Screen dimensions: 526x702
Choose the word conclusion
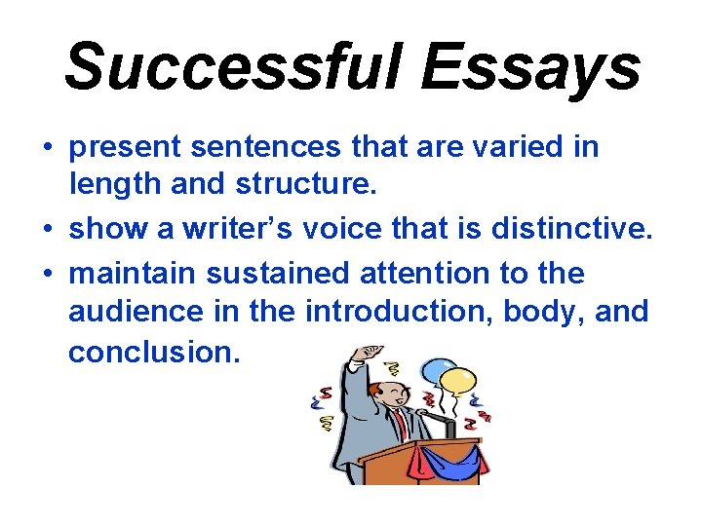click(x=153, y=352)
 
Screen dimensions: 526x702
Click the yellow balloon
click(x=457, y=382)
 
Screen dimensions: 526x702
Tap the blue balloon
click(x=435, y=370)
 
